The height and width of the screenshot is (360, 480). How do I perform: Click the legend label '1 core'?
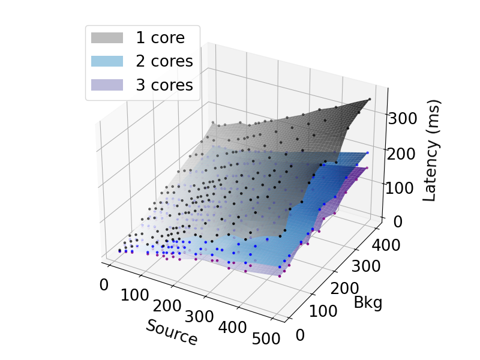click(160, 38)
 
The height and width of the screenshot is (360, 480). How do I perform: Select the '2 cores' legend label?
click(164, 61)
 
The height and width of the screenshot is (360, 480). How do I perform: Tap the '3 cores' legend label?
click(164, 85)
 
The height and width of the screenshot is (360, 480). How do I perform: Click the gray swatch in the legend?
click(107, 38)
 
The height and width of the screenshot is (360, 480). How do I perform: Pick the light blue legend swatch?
click(107, 61)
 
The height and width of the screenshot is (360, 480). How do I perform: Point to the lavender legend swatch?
click(107, 85)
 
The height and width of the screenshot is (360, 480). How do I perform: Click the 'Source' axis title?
click(172, 332)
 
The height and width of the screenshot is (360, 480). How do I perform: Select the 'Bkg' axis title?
click(368, 302)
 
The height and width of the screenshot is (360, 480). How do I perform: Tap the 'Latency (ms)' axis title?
click(432, 151)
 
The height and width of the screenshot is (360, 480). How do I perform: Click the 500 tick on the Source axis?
click(266, 338)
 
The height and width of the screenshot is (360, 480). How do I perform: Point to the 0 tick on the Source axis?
click(104, 285)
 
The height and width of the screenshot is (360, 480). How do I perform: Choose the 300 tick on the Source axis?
click(200, 316)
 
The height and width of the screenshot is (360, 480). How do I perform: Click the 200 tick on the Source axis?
click(167, 305)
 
